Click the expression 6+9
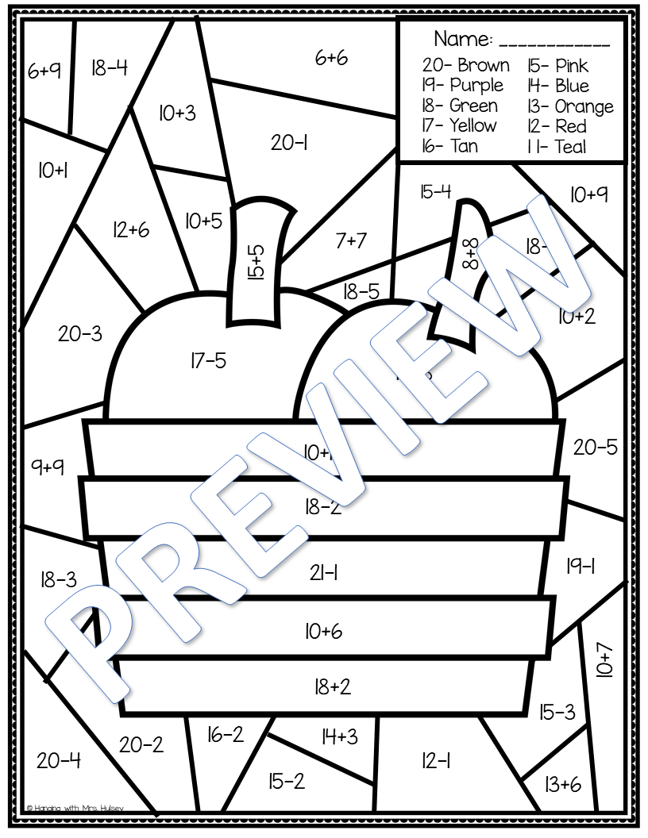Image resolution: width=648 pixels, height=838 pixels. (44, 71)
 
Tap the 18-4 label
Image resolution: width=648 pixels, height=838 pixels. (109, 67)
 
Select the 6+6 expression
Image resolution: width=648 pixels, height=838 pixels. (331, 58)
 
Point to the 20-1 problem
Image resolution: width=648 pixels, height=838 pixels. (289, 143)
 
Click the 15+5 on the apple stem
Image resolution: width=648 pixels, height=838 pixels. (256, 263)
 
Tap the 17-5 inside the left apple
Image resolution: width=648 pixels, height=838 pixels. (208, 361)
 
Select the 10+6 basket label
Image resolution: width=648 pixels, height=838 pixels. (323, 631)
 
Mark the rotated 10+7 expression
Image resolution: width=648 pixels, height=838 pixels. (605, 660)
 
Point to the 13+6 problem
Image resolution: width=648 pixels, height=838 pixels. (562, 785)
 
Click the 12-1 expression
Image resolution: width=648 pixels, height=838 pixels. (436, 761)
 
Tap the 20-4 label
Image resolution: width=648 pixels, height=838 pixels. (59, 761)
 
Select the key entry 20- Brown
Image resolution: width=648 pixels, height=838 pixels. (465, 65)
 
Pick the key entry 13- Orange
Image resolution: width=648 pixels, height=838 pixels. (569, 106)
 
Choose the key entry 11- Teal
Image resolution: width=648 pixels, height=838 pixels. (556, 146)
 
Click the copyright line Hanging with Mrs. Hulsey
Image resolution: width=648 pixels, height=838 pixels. (75, 807)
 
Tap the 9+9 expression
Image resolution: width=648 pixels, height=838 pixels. (48, 467)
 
